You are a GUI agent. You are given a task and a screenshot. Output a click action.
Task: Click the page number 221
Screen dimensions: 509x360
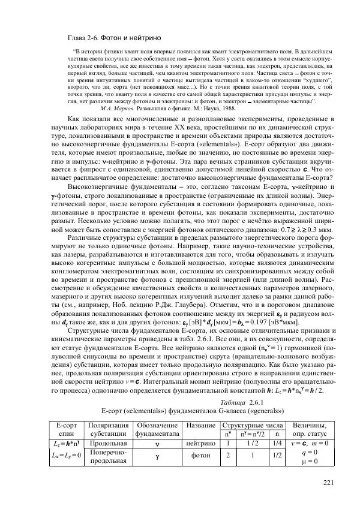coord(327,484)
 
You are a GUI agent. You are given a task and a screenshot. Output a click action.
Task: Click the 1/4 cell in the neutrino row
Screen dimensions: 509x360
coord(277,442)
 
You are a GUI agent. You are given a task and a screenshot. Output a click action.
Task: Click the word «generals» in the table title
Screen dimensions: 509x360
coord(260,411)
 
